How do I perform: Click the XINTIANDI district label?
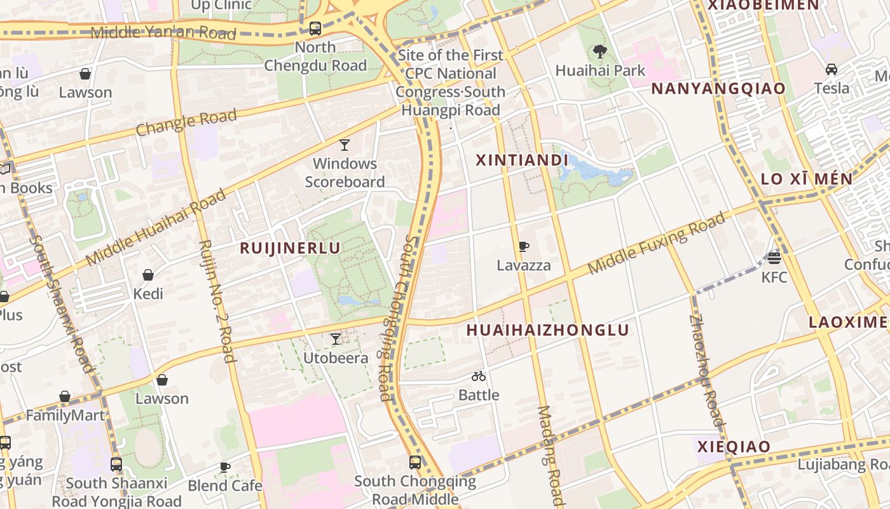tap(521, 160)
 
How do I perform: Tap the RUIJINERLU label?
tap(290, 248)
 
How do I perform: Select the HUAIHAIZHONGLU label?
tap(547, 330)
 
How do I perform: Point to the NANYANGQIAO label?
tap(718, 88)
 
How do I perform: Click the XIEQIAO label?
tap(734, 447)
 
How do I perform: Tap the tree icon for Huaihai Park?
tap(599, 52)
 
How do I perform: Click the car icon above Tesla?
tap(831, 69)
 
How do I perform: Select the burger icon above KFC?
tap(774, 258)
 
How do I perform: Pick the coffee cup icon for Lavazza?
tap(523, 246)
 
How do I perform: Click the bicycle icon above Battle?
tap(479, 376)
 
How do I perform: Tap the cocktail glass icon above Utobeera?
tap(335, 339)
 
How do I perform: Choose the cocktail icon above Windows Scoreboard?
tap(344, 145)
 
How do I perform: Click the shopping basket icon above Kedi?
tap(148, 275)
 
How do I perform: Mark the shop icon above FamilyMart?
tap(65, 397)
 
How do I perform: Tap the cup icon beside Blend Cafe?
tap(225, 467)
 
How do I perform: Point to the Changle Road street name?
tap(186, 122)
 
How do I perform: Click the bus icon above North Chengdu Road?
tap(315, 29)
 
